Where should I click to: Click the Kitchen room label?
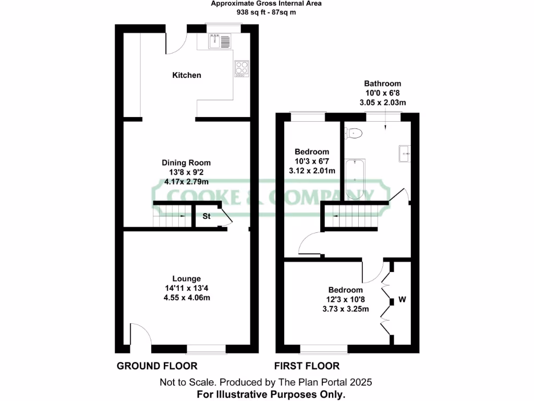pos(187,75)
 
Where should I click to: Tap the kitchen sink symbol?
pos(220,41)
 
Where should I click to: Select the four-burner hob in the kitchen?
pos(241,67)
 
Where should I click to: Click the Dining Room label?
pos(186,163)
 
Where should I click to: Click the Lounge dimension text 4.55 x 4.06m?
pos(187,297)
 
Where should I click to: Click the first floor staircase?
pos(350,217)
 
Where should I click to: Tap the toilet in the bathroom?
pos(354,134)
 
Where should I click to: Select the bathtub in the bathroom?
pos(355,179)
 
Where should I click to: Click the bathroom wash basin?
pos(405,152)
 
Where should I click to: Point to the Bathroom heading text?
pos(382,84)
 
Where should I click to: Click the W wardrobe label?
pos(402,300)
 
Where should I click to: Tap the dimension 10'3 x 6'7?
pos(311,161)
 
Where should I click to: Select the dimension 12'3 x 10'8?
pos(345,300)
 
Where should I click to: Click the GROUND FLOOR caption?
pos(156,366)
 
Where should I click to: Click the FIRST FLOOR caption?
pos(307,366)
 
